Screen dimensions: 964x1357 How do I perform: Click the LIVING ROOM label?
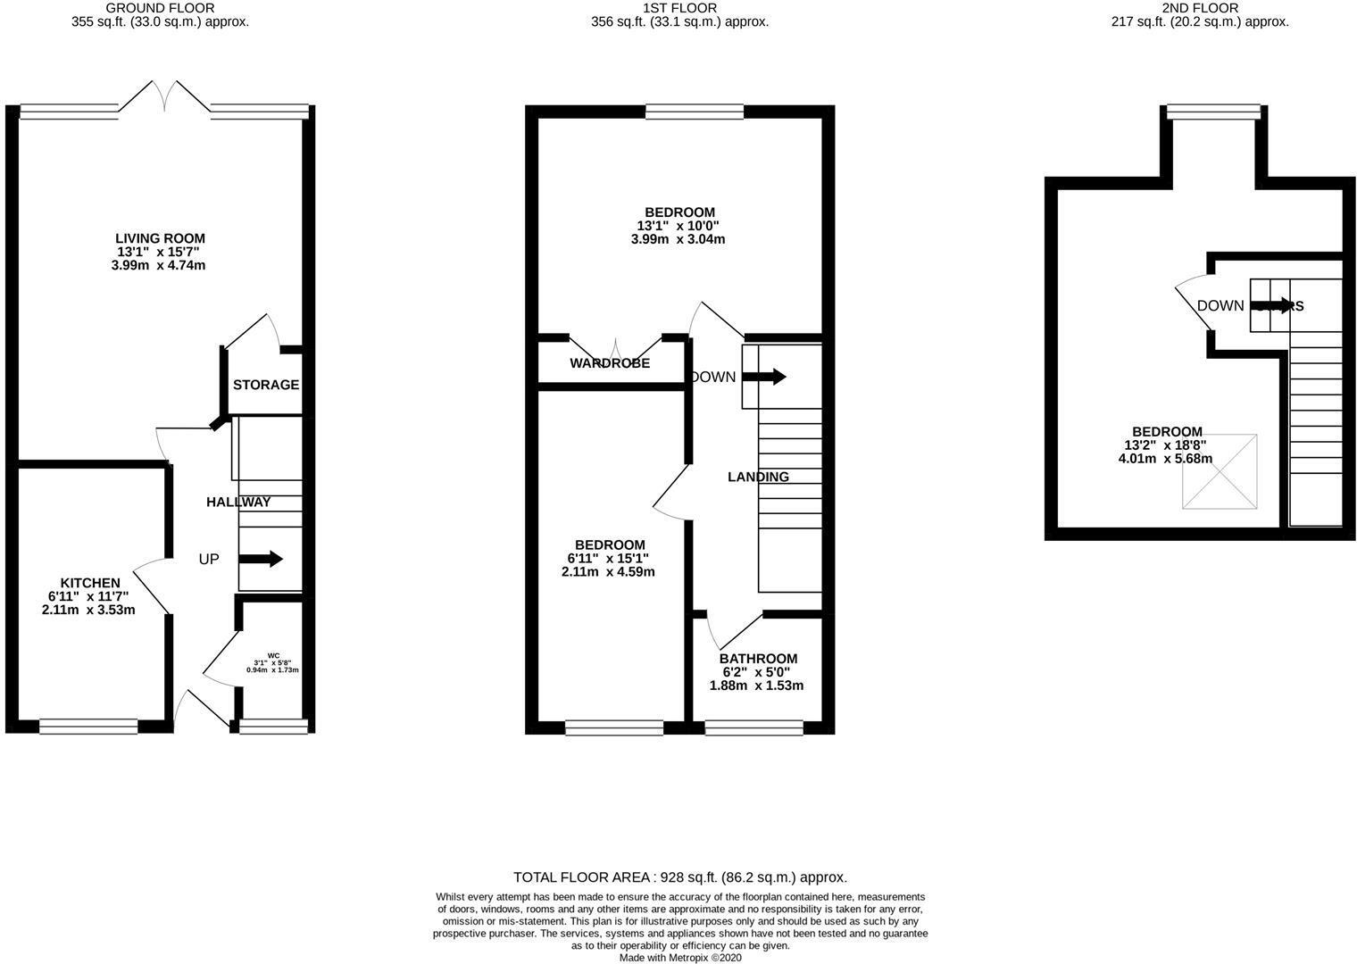pos(160,238)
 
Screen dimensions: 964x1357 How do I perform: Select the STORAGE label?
pos(265,385)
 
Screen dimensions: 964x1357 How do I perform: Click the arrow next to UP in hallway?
pos(261,560)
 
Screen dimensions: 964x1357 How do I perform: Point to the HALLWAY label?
pos(238,503)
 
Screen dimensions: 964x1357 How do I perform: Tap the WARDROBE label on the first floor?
pos(610,363)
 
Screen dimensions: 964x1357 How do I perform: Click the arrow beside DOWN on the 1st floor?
pos(764,377)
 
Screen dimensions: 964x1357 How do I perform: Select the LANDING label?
pos(758,477)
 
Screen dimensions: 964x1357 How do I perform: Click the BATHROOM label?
pos(758,659)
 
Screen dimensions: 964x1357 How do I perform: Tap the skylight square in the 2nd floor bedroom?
pos(1220,471)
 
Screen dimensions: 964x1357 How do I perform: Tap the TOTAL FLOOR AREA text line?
pos(679,877)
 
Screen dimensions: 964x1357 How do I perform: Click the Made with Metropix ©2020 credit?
pos(679,958)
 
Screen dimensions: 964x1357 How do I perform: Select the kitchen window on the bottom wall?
pos(88,727)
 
